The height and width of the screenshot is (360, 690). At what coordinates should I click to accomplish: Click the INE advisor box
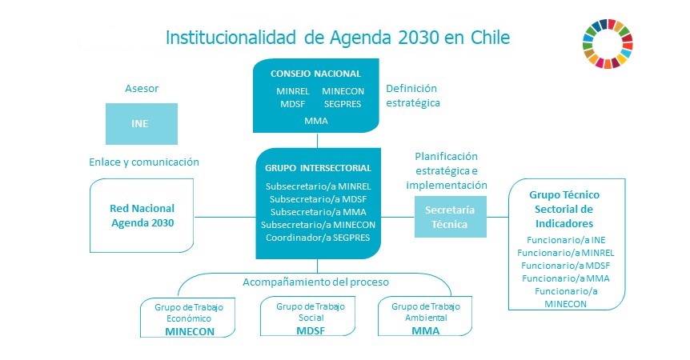(141, 124)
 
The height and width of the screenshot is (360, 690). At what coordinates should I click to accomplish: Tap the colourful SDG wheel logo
(608, 44)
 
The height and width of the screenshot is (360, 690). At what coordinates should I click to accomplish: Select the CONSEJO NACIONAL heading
(315, 74)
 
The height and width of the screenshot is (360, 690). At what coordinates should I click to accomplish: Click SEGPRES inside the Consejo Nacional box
(343, 104)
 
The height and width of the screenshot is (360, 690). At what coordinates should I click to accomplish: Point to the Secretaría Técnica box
(451, 217)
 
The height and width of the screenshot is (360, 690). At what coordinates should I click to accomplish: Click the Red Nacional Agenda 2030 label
(142, 215)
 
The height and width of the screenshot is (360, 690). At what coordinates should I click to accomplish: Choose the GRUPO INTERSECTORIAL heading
(318, 168)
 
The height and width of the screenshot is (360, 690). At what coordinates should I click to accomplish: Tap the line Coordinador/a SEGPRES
(318, 238)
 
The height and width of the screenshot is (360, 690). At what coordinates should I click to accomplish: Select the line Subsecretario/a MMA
(318, 212)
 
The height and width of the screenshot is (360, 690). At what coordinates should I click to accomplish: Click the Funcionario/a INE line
(566, 240)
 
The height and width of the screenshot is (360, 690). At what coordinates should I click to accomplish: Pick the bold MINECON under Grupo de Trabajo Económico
(190, 331)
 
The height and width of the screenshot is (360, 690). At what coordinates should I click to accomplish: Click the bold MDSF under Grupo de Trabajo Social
(311, 330)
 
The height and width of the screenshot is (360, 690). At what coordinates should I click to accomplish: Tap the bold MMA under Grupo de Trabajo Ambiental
(426, 330)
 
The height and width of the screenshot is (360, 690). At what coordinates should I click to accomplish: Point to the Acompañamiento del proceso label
(315, 282)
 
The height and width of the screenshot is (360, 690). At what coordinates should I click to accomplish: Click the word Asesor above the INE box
(142, 88)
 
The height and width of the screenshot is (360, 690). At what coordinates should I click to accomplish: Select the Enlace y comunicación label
(144, 162)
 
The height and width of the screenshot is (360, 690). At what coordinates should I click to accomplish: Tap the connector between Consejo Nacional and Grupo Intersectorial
(317, 141)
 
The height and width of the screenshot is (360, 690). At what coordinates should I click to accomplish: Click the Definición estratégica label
(413, 95)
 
